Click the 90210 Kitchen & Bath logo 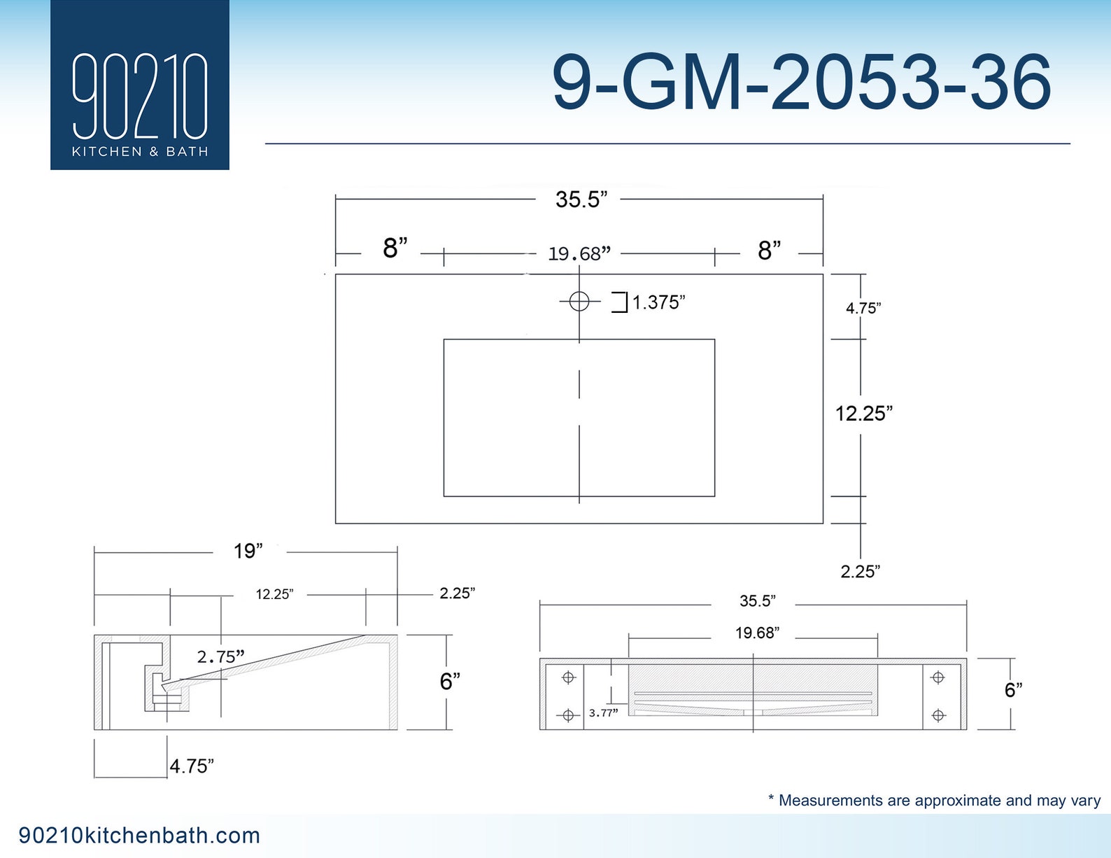point(140,85)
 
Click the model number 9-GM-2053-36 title point(802,83)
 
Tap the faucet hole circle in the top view point(579,301)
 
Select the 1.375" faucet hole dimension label point(658,302)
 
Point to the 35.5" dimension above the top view point(581,199)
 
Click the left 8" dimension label point(395,248)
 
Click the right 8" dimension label point(770,251)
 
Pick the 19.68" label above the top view point(579,253)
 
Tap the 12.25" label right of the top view point(863,413)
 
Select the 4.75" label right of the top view point(863,309)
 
